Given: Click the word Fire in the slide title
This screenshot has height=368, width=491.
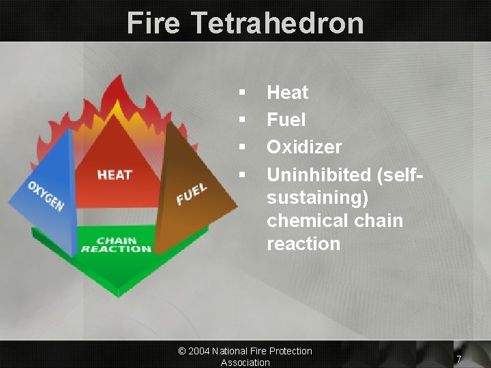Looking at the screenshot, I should (153, 22).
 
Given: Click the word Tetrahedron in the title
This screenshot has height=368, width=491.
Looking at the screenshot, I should (277, 22).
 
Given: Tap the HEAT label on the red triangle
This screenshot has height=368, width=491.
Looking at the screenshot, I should (115, 175).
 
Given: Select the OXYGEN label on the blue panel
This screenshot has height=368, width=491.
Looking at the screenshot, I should (45, 196).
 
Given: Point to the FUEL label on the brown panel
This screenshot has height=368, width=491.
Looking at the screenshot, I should (192, 194).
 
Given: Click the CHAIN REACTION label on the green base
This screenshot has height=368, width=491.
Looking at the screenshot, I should (116, 245).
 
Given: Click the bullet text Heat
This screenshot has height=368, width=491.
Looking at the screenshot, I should (287, 92).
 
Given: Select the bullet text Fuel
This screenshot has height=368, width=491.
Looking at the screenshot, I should (286, 120).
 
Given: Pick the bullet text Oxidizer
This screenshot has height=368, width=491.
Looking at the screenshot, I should (304, 147).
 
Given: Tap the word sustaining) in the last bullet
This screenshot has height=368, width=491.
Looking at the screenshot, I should (318, 198).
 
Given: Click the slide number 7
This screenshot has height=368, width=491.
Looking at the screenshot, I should (459, 359).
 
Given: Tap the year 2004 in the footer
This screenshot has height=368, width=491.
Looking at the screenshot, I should (198, 351).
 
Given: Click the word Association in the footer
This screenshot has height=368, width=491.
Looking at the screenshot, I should (245, 363).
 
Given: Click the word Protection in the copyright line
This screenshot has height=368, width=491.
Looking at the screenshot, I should (288, 351).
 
